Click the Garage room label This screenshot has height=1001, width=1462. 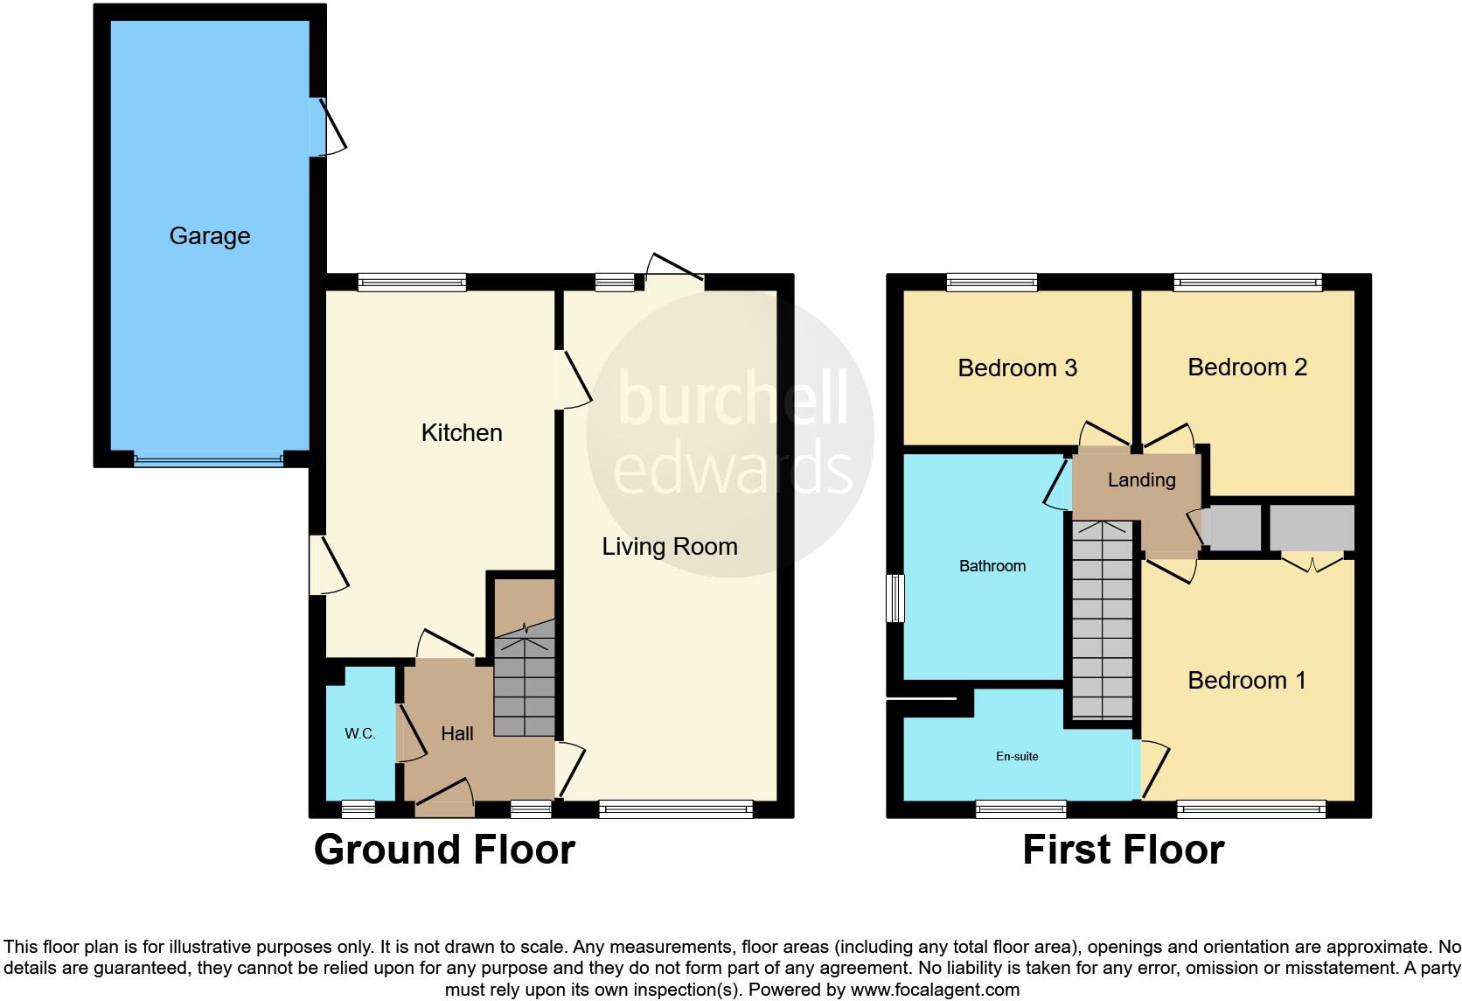[x=210, y=236]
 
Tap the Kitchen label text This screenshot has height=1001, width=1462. [x=462, y=432]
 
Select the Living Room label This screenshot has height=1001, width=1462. [x=670, y=547]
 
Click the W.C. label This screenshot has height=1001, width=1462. [x=359, y=734]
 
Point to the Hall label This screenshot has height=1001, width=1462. [x=457, y=734]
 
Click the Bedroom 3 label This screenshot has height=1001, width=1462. [x=1017, y=367]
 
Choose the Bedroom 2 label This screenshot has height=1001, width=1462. [x=1247, y=367]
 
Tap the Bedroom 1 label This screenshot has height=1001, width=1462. [x=1247, y=681]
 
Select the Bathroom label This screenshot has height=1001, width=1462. [x=992, y=566]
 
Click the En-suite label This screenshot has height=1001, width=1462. [x=1017, y=756]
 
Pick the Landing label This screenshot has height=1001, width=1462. [x=1141, y=479]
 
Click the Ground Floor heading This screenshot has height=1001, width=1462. [x=444, y=850]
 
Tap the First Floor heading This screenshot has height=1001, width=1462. [x=1123, y=850]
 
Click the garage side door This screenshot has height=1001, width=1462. [x=325, y=127]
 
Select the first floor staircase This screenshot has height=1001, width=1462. [x=1103, y=621]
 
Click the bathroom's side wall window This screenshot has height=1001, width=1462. [x=895, y=598]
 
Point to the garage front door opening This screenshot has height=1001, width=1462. [x=209, y=458]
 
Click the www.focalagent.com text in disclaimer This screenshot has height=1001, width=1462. [x=935, y=990]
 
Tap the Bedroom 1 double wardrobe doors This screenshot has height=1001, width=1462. [x=1312, y=563]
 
